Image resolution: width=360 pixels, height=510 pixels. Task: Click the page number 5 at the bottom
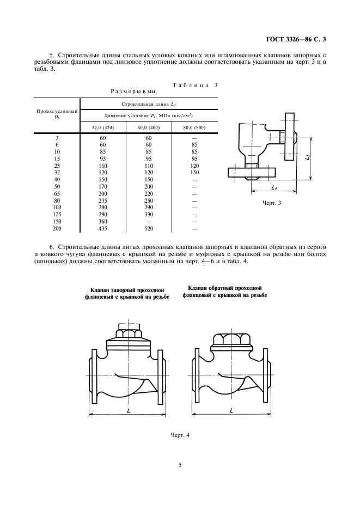[180, 465]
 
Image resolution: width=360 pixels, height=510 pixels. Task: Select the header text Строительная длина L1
[149, 104]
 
